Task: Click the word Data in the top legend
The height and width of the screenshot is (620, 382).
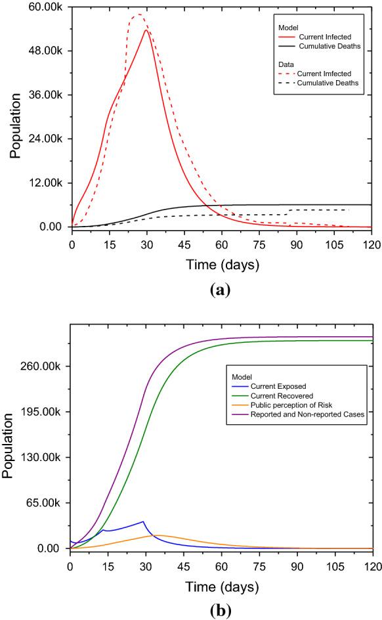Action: point(284,66)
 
